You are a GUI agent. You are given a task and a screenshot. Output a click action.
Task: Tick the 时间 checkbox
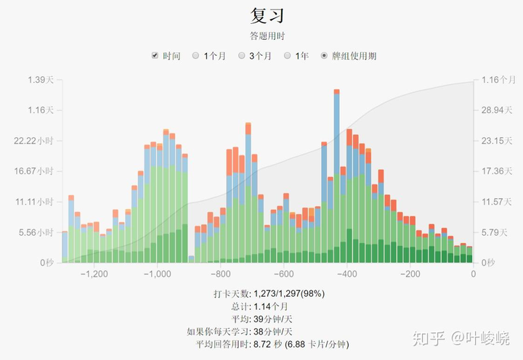click(155, 56)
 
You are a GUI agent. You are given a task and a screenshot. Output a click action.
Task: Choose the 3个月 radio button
click(242, 56)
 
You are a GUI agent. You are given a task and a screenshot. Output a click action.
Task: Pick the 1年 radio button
click(288, 56)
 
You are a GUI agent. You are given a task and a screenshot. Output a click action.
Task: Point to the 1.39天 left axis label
click(41, 79)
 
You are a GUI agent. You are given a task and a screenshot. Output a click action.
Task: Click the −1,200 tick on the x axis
click(94, 274)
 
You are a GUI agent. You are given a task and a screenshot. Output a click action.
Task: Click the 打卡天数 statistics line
click(269, 294)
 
